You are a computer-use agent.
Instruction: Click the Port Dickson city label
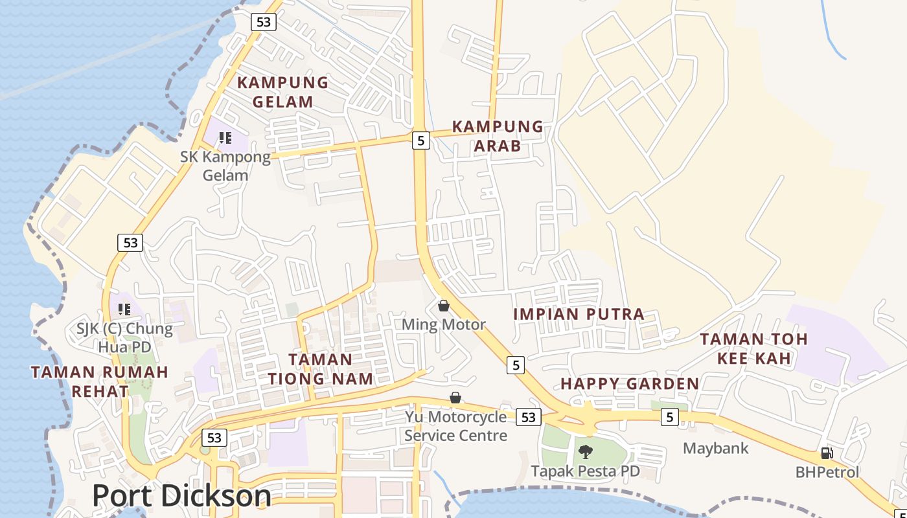[181, 496]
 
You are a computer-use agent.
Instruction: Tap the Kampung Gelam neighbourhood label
[282, 92]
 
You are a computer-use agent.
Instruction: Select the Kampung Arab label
[498, 136]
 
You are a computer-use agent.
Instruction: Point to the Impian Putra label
[579, 315]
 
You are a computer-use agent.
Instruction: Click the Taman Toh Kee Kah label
[753, 348]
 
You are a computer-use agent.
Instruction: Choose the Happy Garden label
[630, 384]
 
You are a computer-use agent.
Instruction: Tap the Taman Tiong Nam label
[321, 369]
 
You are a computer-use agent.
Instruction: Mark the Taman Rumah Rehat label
[100, 381]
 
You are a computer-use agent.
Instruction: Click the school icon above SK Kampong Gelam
[225, 137]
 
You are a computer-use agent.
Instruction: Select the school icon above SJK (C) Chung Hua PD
[124, 309]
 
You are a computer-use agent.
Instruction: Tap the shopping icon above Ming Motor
[444, 305]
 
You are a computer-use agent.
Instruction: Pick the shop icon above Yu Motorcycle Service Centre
[456, 397]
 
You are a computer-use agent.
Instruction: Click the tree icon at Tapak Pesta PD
[586, 451]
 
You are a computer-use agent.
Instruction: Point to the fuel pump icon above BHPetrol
[827, 453]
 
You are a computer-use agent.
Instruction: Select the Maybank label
[715, 448]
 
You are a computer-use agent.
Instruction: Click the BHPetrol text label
[827, 472]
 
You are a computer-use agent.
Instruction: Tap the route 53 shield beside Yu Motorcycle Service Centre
[529, 417]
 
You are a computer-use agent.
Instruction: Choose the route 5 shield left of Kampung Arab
[421, 140]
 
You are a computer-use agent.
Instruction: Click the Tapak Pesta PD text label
[585, 471]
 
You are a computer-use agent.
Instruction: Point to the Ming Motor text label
[444, 324]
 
